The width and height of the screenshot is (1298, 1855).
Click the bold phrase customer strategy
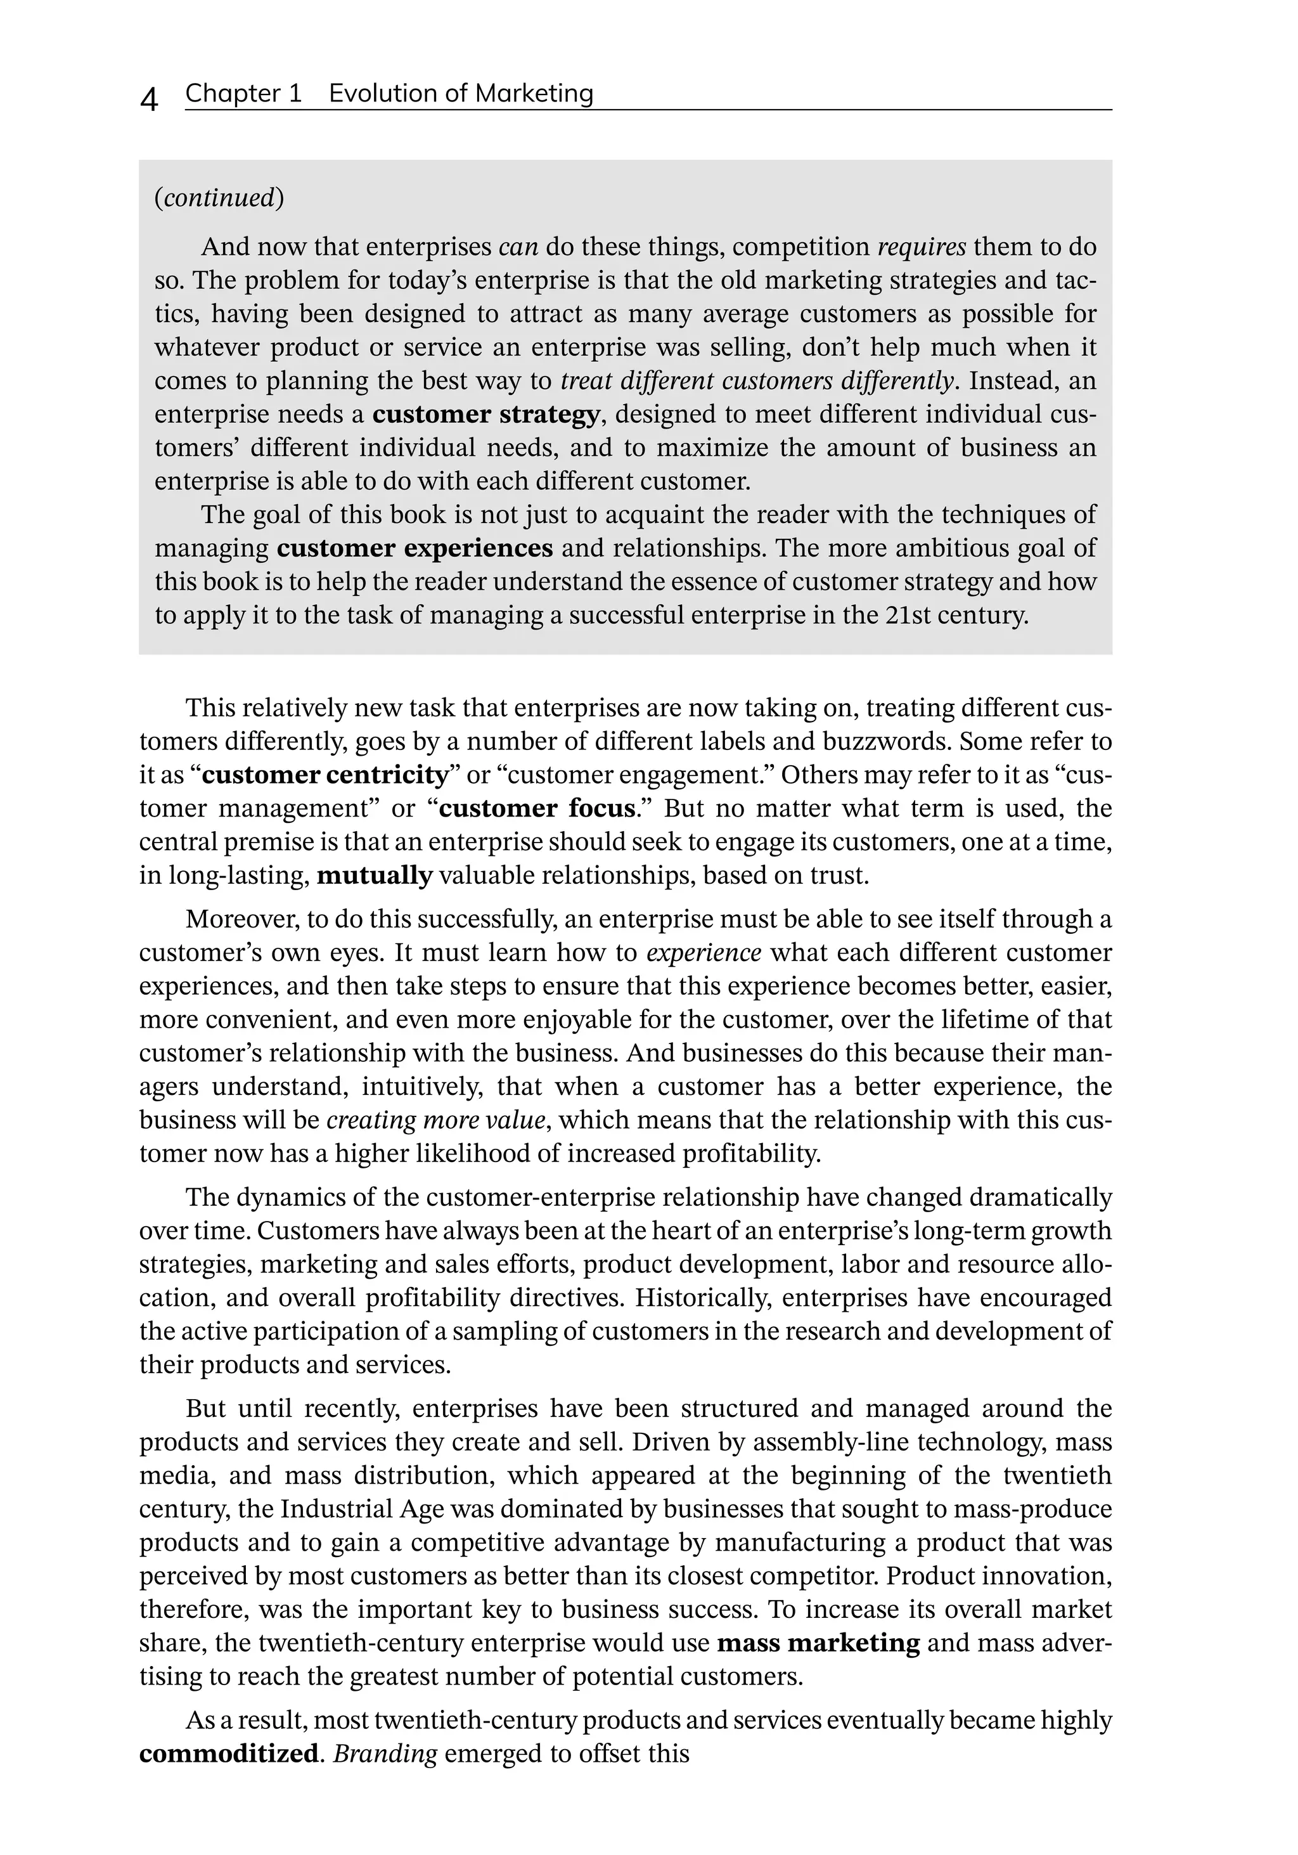(x=485, y=415)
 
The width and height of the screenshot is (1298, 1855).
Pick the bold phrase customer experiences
(x=414, y=548)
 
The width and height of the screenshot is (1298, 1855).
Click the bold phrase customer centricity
(x=324, y=775)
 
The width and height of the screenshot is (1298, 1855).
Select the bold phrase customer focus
(x=536, y=809)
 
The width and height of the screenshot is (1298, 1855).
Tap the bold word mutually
(x=375, y=876)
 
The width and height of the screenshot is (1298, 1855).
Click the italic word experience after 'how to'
(x=704, y=953)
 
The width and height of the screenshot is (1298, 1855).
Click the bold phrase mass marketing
(x=818, y=1643)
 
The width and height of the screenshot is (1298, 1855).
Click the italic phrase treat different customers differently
(x=756, y=380)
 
